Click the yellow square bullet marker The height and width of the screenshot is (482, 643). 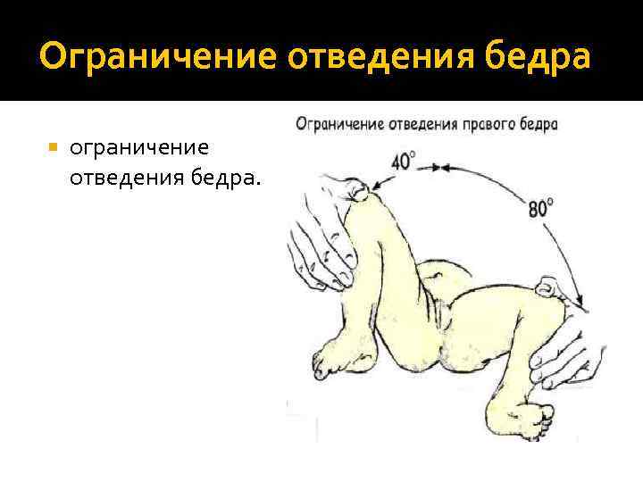tap(54, 145)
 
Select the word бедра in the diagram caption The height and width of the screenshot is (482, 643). tap(539, 124)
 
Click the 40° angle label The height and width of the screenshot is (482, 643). tap(404, 162)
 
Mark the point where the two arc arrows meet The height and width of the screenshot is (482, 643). tap(436, 167)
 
